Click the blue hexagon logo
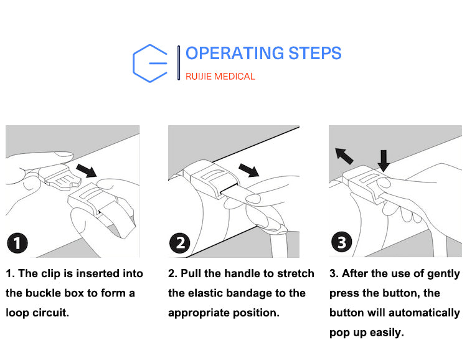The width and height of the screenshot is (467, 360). pos(134,64)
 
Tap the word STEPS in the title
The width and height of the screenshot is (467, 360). pos(315,54)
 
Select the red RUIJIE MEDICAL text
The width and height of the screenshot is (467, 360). pos(220,77)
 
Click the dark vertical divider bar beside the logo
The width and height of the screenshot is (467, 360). pos(179,63)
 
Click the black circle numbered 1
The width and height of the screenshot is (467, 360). pos(17,243)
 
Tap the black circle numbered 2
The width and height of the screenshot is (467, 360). pos(179,243)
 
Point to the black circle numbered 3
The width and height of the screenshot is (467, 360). pos(342,242)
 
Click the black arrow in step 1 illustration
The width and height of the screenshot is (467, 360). pos(87,171)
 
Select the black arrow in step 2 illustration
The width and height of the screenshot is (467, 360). pos(249,170)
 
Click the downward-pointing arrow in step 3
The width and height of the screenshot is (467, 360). pos(384,161)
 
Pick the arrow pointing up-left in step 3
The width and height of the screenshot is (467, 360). pos(344,156)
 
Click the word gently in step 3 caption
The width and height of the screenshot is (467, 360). pos(444,274)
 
